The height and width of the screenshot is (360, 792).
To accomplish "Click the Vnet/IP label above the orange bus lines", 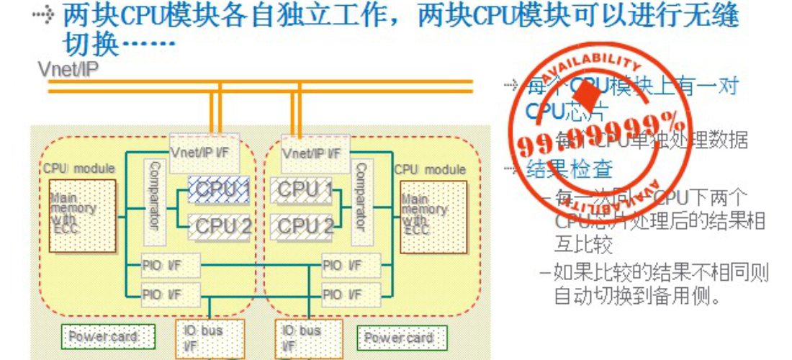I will [x=68, y=69].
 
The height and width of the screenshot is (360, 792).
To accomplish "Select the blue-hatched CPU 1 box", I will [x=219, y=189].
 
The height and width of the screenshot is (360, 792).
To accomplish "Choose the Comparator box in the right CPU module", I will [x=361, y=202].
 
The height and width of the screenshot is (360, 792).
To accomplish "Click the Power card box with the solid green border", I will [x=401, y=338].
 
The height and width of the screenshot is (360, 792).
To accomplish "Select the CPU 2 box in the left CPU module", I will [x=219, y=226].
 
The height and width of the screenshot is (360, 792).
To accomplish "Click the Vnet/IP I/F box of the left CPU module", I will [x=200, y=152].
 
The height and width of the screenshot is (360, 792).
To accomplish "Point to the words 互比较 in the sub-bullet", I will [x=583, y=244].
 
